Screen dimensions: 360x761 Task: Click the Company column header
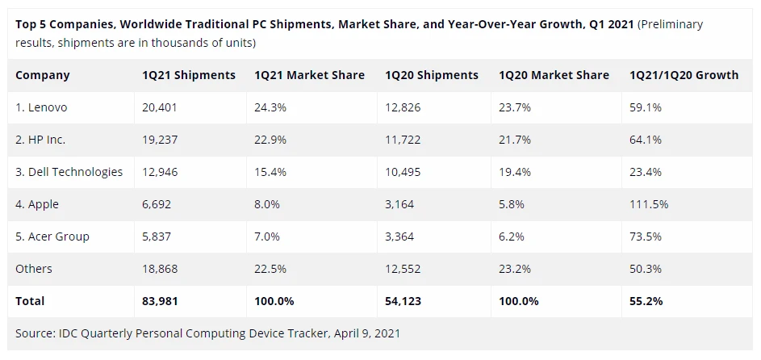[43, 75]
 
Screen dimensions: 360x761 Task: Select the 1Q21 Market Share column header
[309, 75]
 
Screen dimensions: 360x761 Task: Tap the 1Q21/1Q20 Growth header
[684, 75]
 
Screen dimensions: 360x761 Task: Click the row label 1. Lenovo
[41, 107]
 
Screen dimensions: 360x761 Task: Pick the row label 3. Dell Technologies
[69, 172]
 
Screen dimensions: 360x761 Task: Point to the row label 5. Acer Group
[52, 237]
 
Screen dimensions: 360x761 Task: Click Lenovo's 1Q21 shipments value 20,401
[158, 107]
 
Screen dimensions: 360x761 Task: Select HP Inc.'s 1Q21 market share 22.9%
[270, 140]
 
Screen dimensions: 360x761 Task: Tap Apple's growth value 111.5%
[649, 204]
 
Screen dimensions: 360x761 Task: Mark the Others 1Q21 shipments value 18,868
[159, 269]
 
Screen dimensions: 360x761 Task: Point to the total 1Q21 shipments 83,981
[160, 301]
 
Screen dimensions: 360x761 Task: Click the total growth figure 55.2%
[646, 301]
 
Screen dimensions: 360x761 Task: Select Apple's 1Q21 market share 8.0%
[268, 204]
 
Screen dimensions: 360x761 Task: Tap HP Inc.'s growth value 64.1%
[646, 140]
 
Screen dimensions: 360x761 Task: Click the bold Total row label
[31, 301]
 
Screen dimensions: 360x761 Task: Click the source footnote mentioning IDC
[207, 333]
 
